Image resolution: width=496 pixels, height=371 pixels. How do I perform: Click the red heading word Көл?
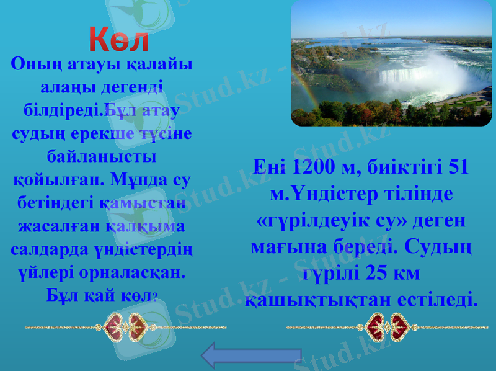click(x=118, y=39)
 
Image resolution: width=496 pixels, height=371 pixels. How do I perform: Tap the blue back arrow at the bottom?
click(x=250, y=356)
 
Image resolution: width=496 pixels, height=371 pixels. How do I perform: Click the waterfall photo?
click(x=391, y=63)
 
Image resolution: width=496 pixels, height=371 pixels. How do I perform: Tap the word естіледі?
click(x=438, y=300)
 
